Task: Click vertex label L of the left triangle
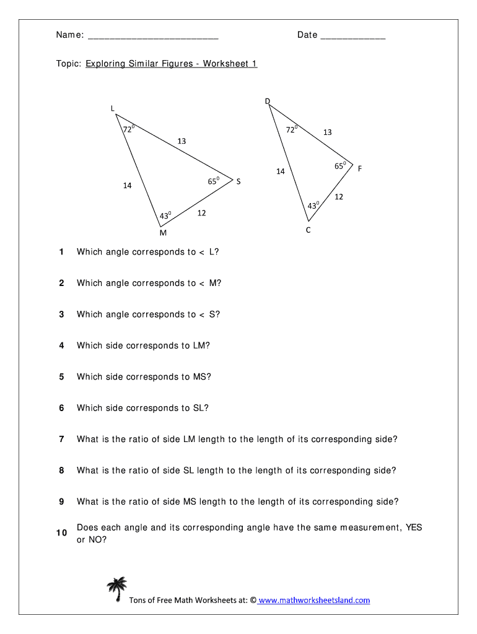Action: click(x=113, y=108)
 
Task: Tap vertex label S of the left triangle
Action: click(x=239, y=181)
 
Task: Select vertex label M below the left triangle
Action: click(x=162, y=233)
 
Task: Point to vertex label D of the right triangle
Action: click(x=268, y=101)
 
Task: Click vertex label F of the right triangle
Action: click(x=359, y=168)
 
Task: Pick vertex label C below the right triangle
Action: click(x=308, y=230)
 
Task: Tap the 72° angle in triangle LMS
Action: click(x=129, y=129)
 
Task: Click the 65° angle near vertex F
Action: click(x=340, y=166)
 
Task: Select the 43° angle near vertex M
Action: click(x=165, y=215)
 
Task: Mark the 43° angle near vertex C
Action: click(x=313, y=205)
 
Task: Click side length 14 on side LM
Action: click(x=127, y=185)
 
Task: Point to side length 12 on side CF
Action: click(x=339, y=197)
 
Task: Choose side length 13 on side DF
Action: click(x=327, y=132)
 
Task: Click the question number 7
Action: click(x=61, y=439)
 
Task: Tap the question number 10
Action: click(x=61, y=533)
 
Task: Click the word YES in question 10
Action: click(x=414, y=528)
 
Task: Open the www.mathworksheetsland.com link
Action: click(x=314, y=600)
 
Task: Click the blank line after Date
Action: click(x=353, y=36)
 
